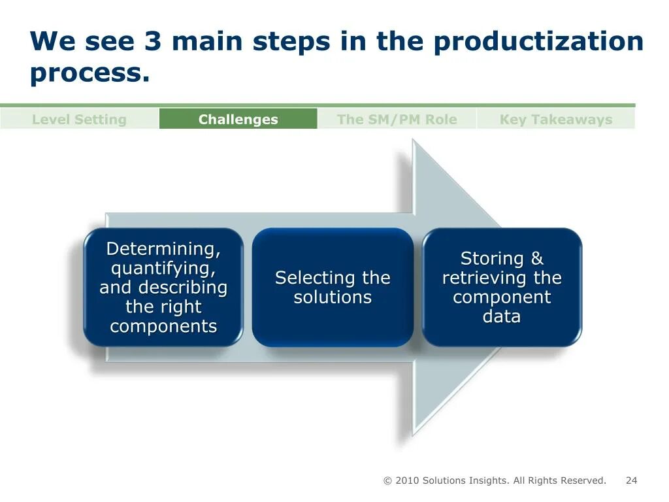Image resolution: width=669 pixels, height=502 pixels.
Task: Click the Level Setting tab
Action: point(79,120)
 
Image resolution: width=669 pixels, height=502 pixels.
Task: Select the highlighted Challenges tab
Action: point(238,120)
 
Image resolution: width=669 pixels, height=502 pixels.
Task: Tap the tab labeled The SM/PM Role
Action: point(397,120)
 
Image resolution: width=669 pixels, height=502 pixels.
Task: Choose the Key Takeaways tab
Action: point(556,120)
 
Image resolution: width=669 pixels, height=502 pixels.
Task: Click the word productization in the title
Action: point(538,42)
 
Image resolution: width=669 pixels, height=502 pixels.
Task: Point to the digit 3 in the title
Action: point(153,42)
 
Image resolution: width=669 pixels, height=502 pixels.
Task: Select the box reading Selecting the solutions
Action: point(333,287)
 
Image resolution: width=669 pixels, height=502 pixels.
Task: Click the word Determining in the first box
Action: point(163,249)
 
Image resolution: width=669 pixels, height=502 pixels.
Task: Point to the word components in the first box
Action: point(163,326)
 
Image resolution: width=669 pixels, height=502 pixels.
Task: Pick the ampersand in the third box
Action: point(537,259)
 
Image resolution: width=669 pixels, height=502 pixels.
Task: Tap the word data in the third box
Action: point(502,316)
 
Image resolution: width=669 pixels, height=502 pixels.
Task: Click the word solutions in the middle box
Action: point(333,297)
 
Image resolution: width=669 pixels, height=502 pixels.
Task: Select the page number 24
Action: point(631,480)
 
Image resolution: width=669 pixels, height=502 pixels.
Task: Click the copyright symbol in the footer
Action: point(387,481)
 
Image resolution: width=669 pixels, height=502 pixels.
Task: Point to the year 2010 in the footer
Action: point(407,480)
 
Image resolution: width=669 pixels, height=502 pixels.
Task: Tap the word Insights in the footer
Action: point(489,480)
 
